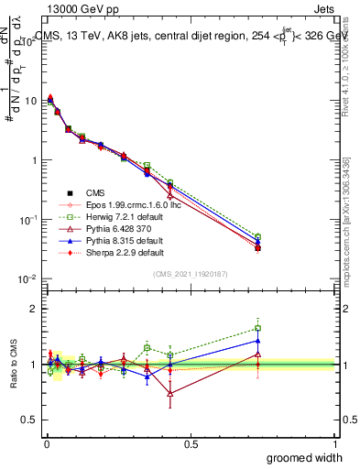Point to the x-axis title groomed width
pos(305,457)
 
